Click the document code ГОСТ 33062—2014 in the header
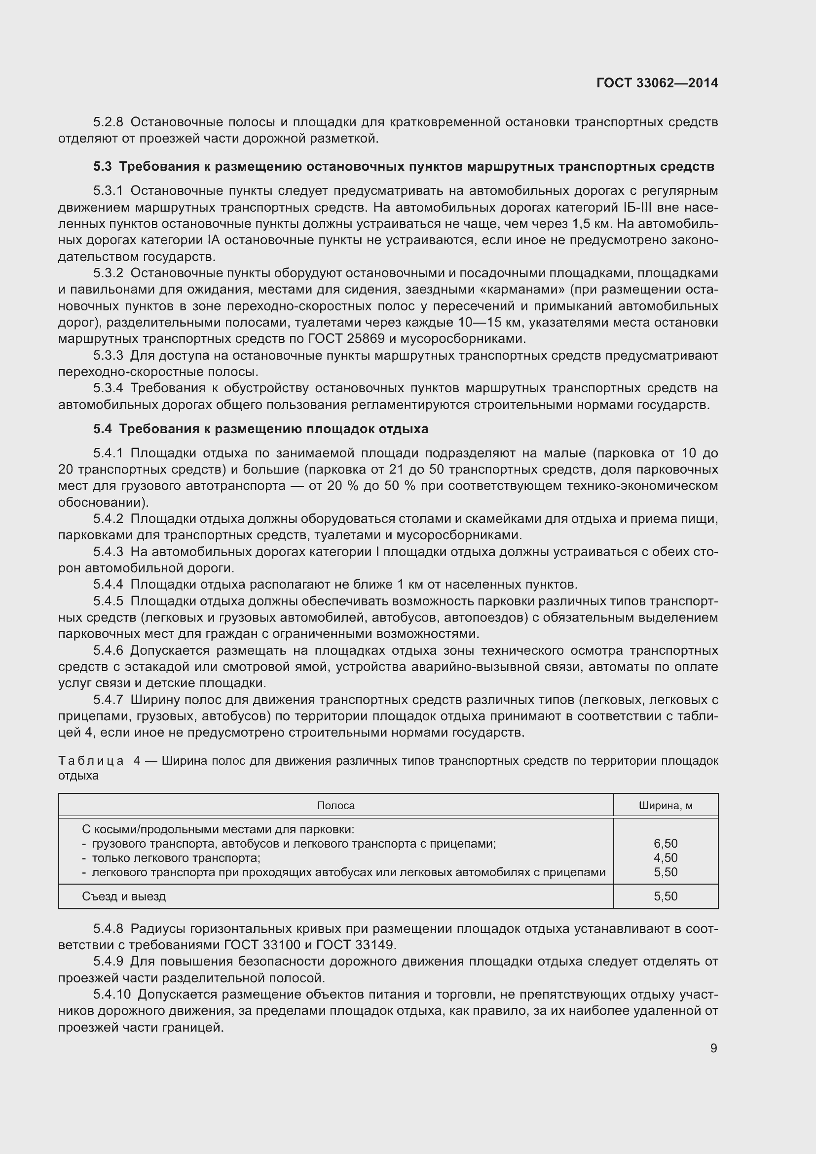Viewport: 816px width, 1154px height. tap(657, 83)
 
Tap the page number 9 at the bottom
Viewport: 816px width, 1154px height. tap(713, 1048)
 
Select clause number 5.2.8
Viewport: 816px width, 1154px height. tap(108, 122)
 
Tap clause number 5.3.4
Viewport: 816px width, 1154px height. tap(108, 388)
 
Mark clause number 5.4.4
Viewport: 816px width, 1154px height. tap(108, 585)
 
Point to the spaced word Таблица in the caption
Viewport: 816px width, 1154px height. tap(91, 761)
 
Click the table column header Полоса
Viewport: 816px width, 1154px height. tap(335, 806)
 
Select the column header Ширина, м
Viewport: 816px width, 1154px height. tap(665, 806)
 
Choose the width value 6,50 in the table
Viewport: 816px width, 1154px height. tap(665, 843)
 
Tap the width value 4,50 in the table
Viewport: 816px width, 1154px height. tap(665, 858)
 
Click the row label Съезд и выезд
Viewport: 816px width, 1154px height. tap(124, 896)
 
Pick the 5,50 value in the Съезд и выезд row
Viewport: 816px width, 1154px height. tap(665, 896)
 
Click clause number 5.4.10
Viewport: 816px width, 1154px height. tap(111, 994)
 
